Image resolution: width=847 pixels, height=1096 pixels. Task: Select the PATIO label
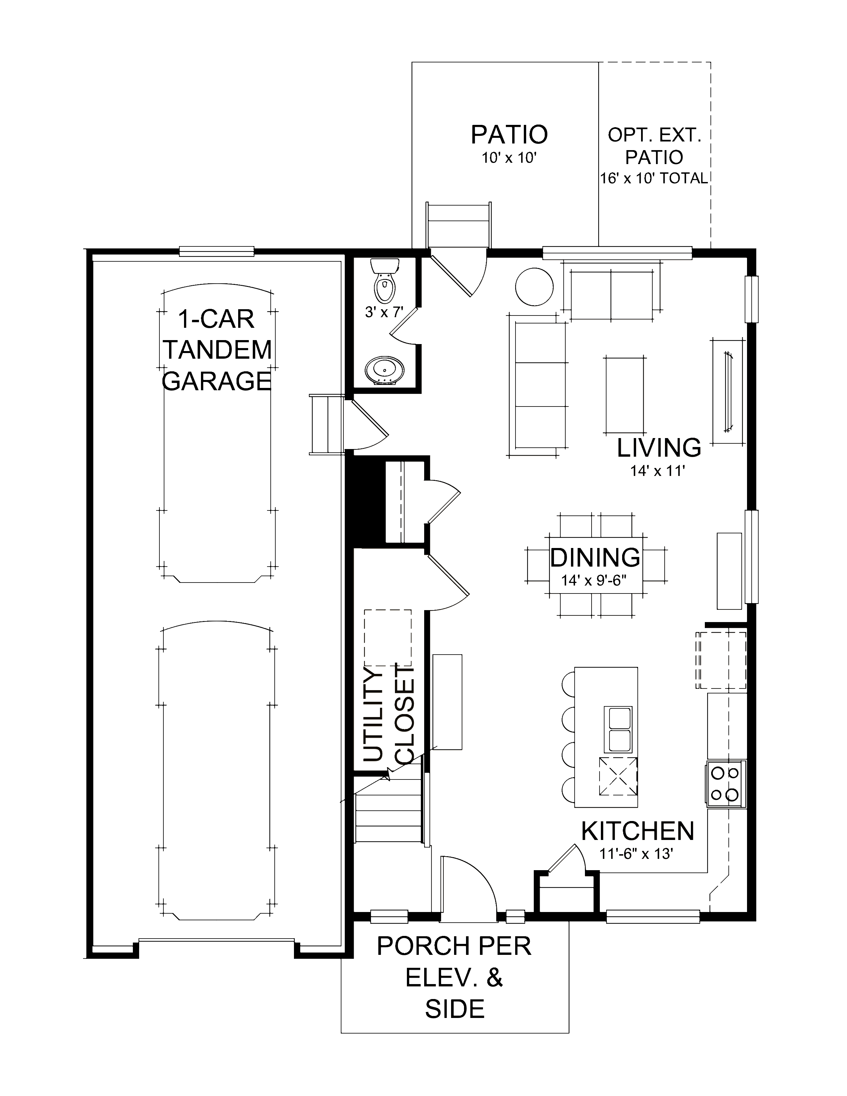click(509, 135)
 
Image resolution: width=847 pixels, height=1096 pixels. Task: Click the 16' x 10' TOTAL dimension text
click(654, 178)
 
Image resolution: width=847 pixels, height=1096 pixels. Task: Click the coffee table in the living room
click(625, 395)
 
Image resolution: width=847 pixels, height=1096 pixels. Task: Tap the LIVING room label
click(658, 448)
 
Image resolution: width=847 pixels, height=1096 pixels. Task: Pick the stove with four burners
click(725, 784)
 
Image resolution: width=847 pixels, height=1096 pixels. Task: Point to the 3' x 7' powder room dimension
click(384, 312)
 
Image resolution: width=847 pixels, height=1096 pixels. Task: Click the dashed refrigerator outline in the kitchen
click(720, 660)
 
